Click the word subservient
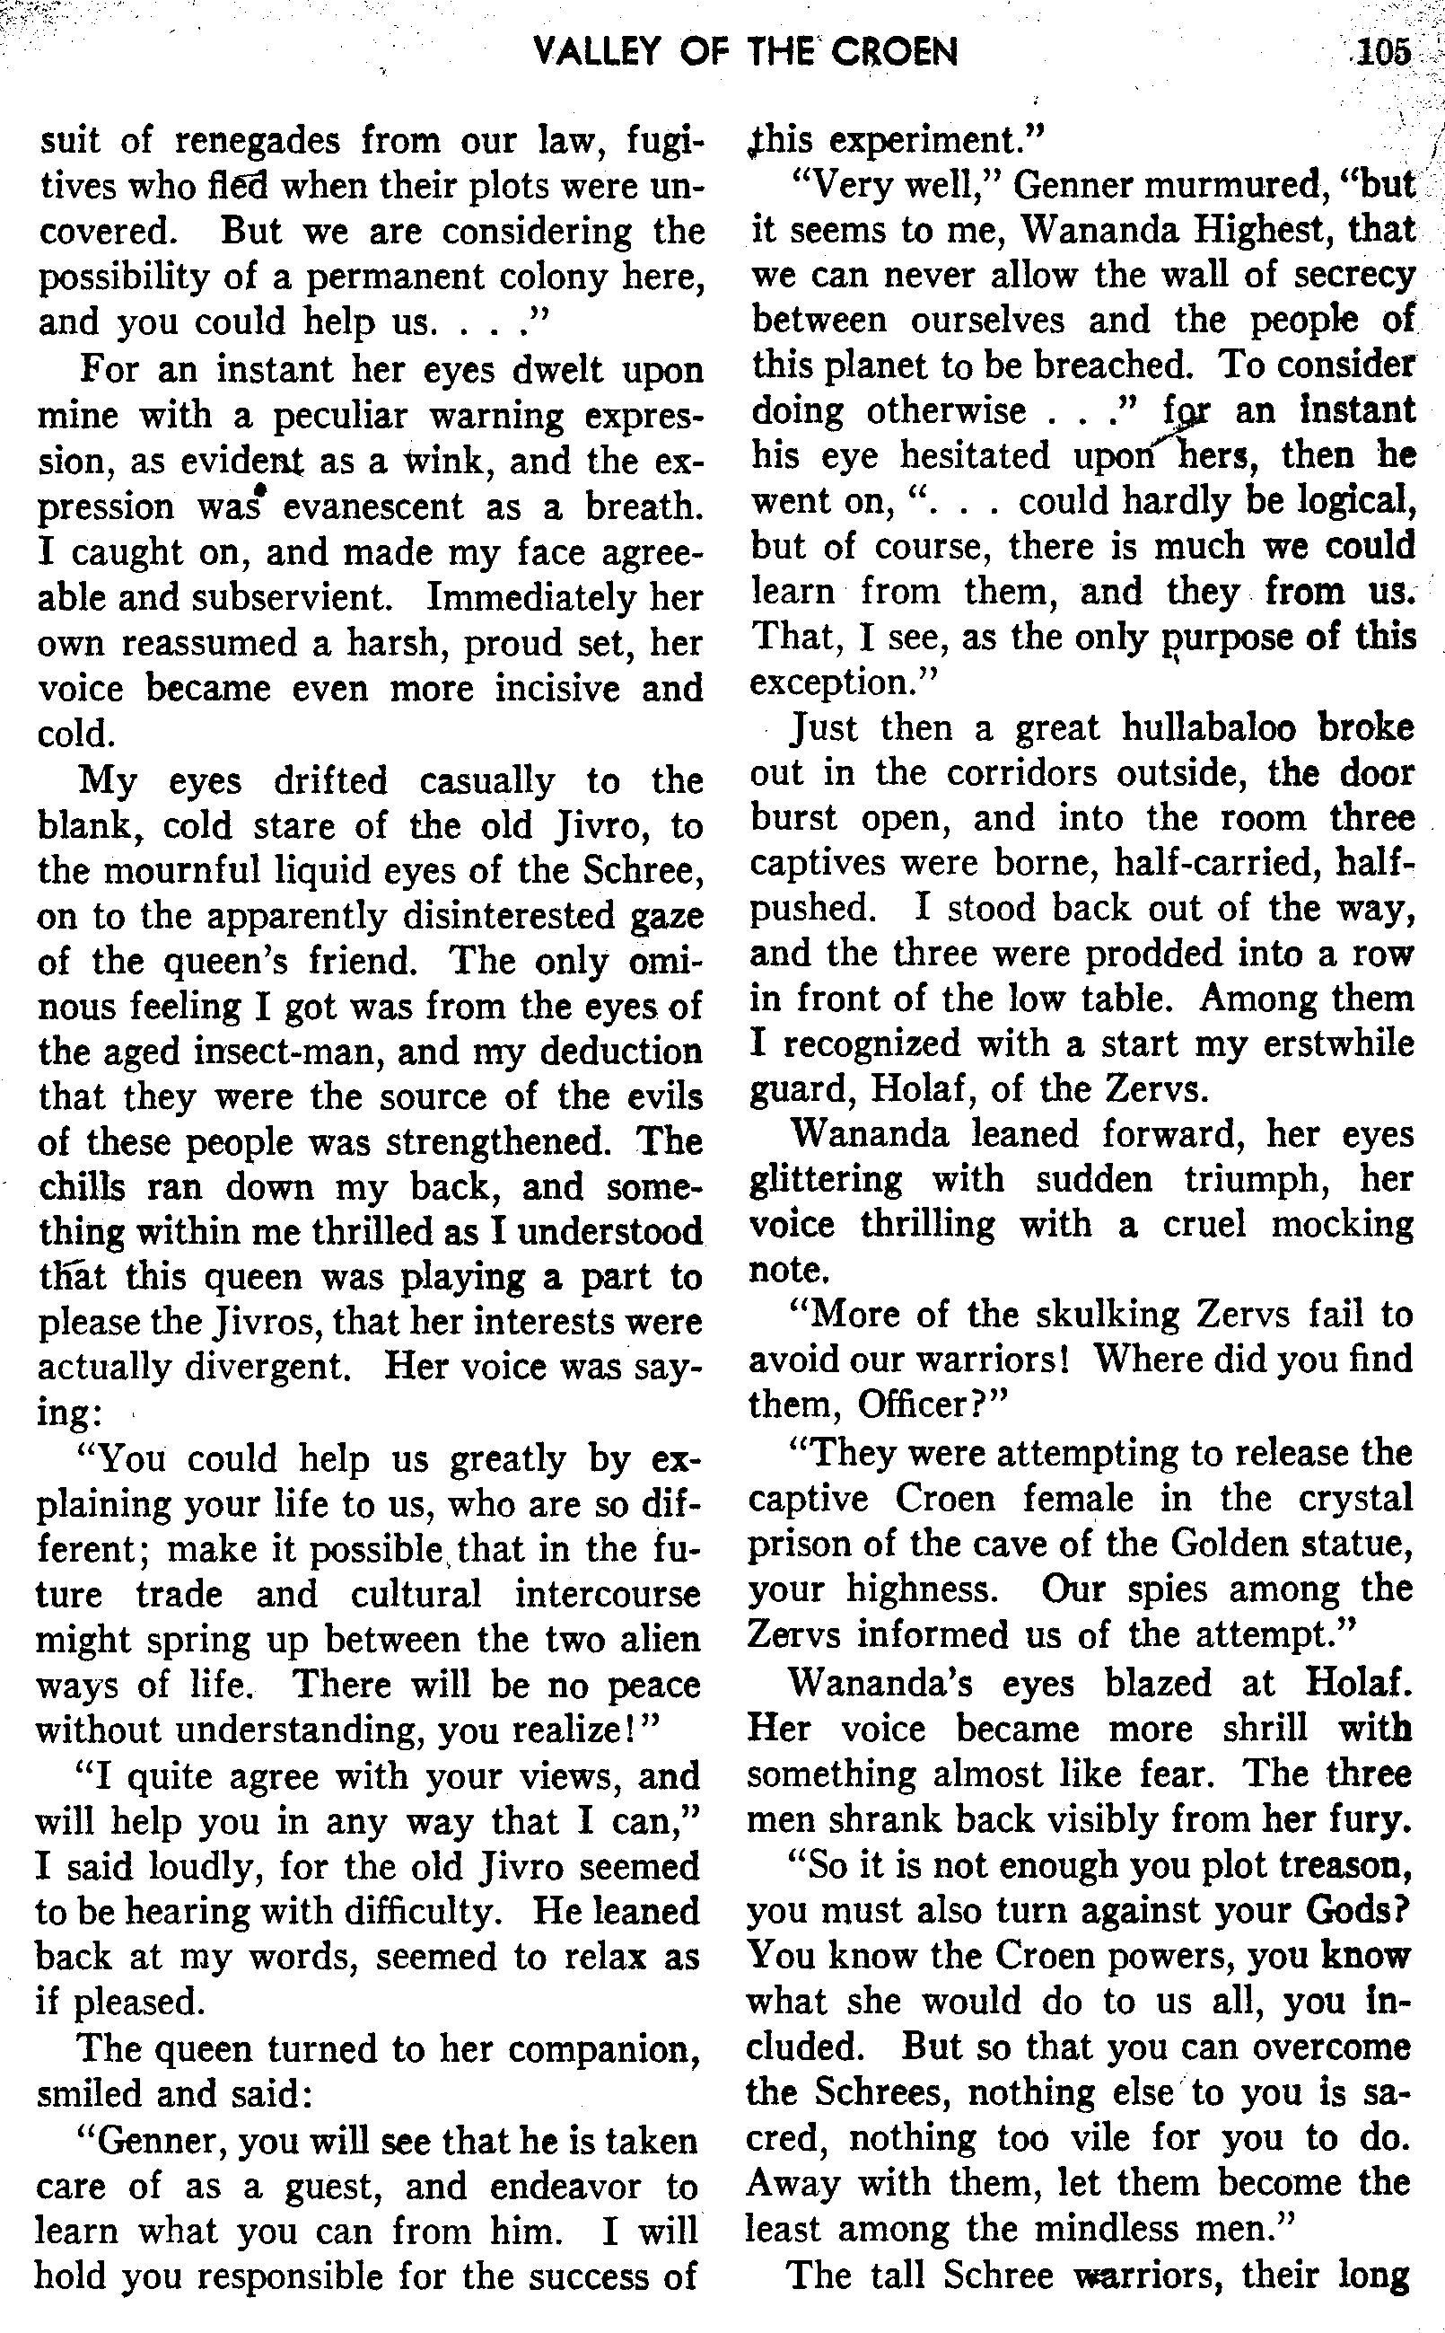coord(292,597)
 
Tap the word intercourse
coord(607,1594)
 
